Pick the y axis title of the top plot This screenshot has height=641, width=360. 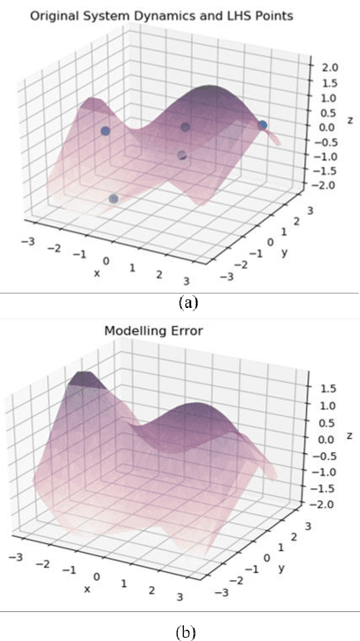[284, 251]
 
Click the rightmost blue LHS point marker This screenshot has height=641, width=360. [262, 125]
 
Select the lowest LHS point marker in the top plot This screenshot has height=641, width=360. [113, 198]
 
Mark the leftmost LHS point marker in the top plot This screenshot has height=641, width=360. [105, 131]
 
